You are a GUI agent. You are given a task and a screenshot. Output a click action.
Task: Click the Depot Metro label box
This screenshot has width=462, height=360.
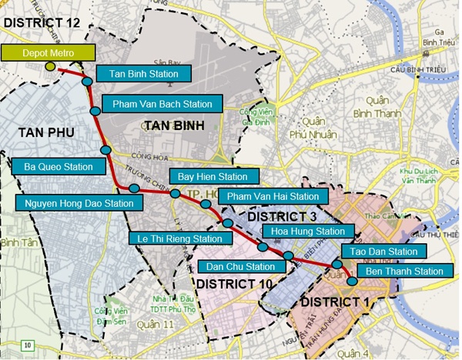coord(47,53)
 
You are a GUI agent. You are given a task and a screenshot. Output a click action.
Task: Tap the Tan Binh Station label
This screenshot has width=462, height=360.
coord(143,74)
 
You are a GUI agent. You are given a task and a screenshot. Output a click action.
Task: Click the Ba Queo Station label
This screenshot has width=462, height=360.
coord(59,165)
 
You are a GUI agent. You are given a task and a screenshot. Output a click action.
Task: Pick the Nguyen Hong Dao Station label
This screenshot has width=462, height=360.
coord(80,204)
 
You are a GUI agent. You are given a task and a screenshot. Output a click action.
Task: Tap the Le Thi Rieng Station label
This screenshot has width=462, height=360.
coord(176,238)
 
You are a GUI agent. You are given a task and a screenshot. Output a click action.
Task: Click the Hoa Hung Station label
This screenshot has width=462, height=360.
coord(309,231)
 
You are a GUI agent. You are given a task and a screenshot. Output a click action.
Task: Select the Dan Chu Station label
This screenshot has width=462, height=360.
coord(241,267)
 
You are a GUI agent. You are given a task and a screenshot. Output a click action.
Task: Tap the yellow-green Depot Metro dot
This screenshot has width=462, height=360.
coord(51,67)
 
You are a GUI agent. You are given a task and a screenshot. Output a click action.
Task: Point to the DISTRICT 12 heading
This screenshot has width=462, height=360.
coord(42,23)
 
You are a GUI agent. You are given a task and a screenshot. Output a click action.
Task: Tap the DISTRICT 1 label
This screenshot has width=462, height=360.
coord(336,300)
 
